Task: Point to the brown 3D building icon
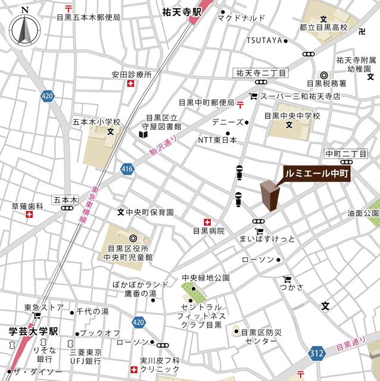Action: point(269,196)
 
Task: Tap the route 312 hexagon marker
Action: point(316,354)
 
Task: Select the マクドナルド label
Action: point(241,18)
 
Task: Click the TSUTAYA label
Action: point(264,40)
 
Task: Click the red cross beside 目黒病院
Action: point(207,220)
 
